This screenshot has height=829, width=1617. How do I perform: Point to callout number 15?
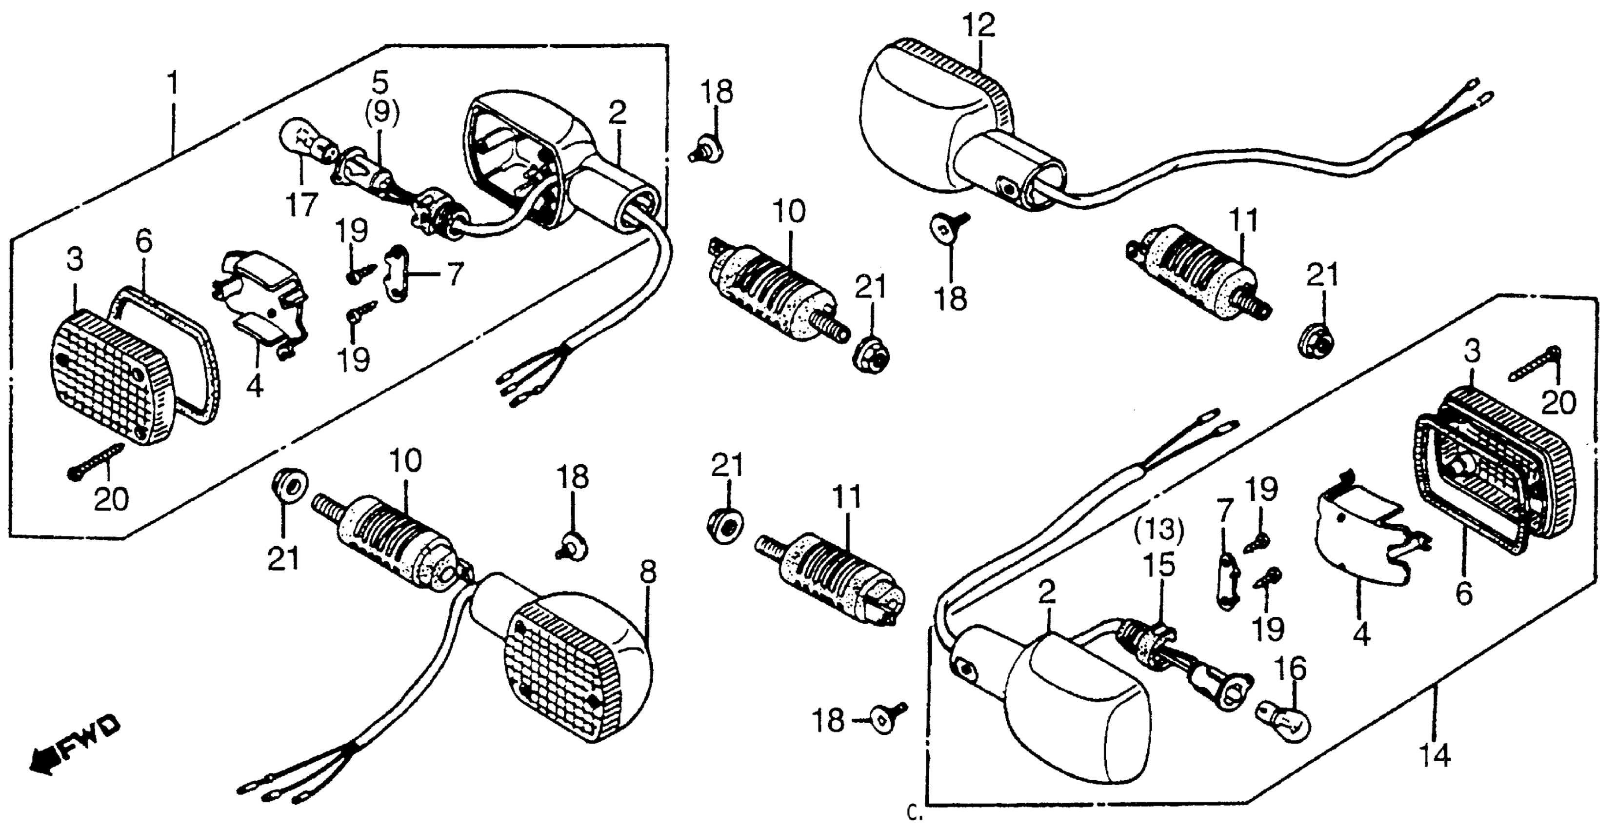click(x=1159, y=566)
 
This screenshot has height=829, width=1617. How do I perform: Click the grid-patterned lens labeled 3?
click(x=103, y=376)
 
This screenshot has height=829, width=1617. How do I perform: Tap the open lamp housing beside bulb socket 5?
click(x=521, y=163)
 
